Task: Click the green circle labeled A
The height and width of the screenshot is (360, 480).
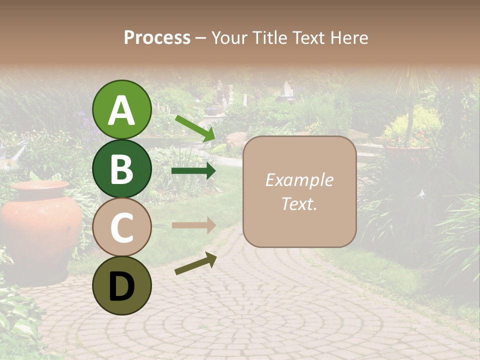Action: click(121, 110)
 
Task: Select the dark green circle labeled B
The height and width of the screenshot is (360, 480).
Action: click(121, 169)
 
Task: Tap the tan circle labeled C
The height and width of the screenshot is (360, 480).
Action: click(121, 227)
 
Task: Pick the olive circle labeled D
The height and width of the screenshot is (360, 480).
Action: click(121, 285)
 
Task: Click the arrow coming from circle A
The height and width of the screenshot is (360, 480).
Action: click(194, 128)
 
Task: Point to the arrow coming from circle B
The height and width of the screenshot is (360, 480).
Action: click(193, 171)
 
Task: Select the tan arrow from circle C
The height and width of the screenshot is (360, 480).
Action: click(193, 225)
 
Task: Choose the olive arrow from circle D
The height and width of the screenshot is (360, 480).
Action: click(195, 263)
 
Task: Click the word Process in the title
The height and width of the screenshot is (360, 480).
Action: click(157, 37)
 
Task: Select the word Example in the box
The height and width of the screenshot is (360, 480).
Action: click(299, 180)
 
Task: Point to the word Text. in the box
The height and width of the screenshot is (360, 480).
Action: click(299, 203)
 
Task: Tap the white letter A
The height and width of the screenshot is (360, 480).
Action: click(121, 110)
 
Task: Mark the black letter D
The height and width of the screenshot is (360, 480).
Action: click(121, 286)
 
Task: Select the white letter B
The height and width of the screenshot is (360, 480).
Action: click(121, 169)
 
